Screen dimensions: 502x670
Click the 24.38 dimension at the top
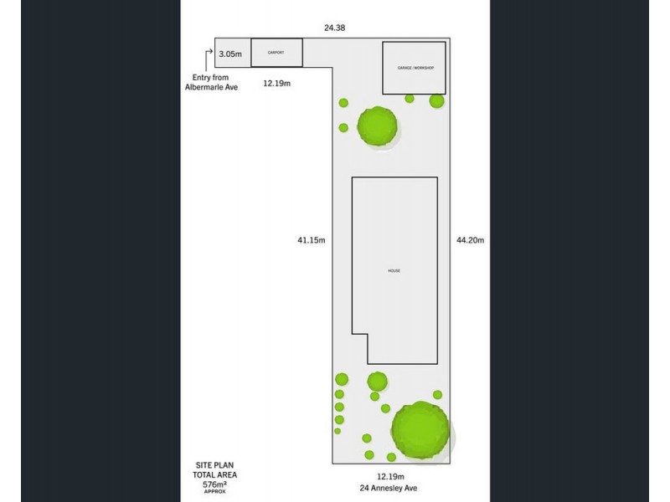(x=335, y=28)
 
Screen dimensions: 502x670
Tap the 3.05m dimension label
(x=230, y=54)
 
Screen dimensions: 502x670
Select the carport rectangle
(x=277, y=53)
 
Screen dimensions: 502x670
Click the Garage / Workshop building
(x=414, y=67)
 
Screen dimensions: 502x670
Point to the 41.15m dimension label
(x=311, y=240)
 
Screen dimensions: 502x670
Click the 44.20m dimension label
(x=471, y=240)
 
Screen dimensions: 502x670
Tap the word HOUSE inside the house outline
(x=394, y=271)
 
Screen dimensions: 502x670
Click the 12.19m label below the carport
(x=277, y=84)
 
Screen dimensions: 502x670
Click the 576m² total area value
(x=214, y=484)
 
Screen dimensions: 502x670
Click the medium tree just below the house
(x=377, y=382)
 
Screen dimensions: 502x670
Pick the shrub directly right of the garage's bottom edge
(x=436, y=101)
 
